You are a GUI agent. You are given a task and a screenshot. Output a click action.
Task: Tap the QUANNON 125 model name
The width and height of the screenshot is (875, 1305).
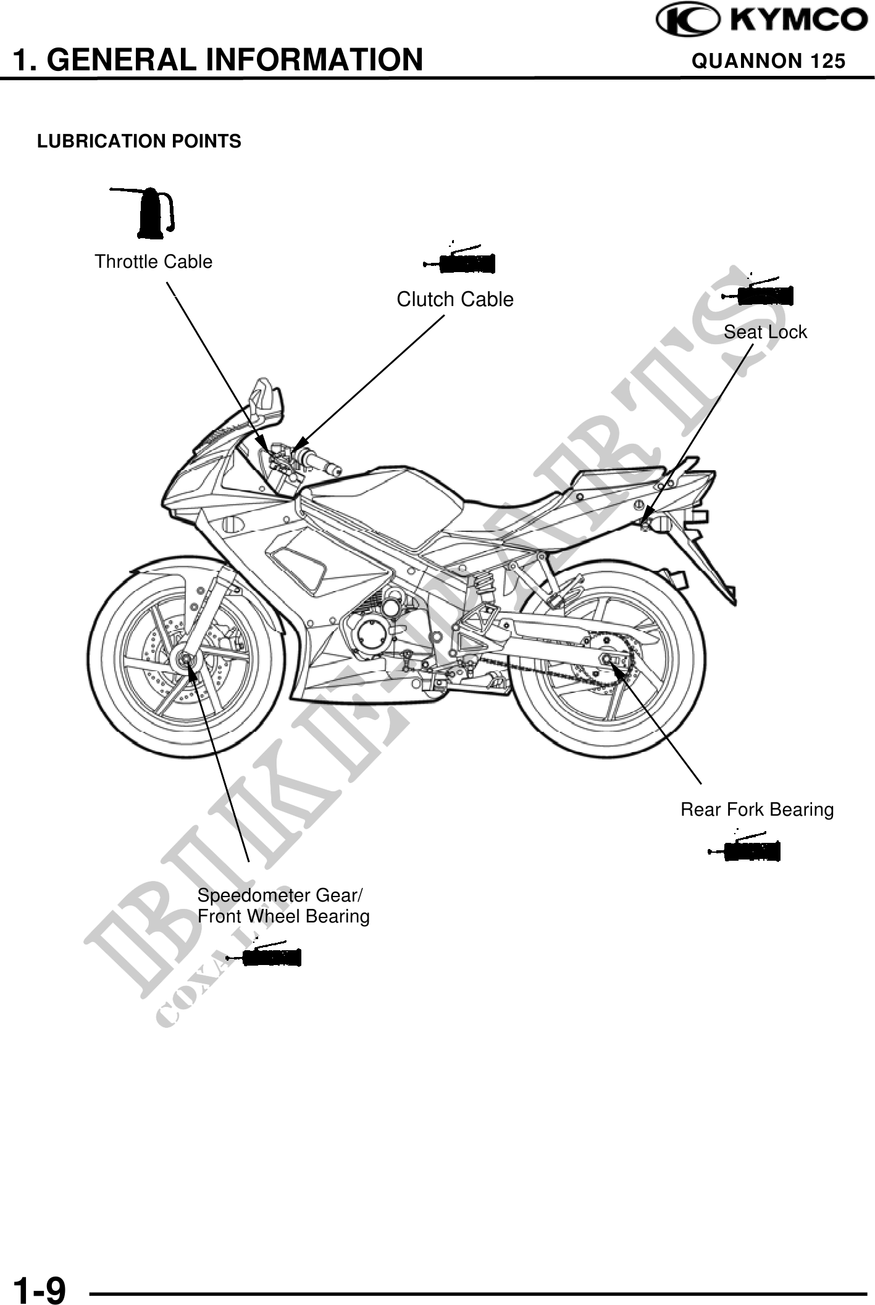pos(768,61)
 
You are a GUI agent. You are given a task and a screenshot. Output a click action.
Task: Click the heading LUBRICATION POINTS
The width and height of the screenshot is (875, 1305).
pos(139,142)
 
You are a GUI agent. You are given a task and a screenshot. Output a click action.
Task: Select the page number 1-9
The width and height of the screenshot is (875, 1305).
pos(40,1287)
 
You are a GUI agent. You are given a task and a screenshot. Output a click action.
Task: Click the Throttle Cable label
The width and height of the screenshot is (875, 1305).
pos(153,262)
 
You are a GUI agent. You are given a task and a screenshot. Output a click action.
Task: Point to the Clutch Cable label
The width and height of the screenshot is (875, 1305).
pos(454,300)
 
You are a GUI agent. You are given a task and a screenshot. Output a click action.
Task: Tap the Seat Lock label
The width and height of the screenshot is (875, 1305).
pos(764,333)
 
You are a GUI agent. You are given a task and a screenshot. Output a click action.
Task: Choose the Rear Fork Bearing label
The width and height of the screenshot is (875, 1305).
pos(756,810)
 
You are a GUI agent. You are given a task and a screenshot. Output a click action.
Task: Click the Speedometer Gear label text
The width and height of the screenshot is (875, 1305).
pos(280,895)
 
